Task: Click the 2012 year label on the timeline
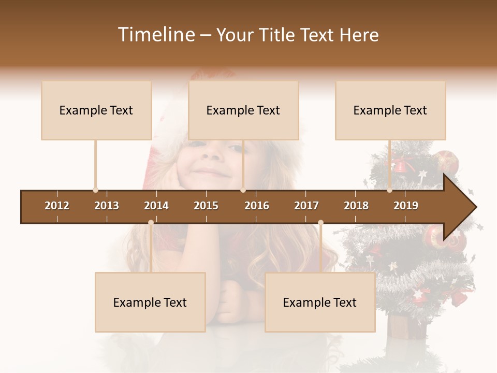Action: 57,206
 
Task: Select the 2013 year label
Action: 107,206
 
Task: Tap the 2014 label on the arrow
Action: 156,206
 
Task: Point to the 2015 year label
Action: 206,206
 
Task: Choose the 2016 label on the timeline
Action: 257,206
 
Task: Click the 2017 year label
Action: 306,206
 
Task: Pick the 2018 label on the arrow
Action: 356,206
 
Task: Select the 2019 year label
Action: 406,206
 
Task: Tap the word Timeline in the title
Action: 155,35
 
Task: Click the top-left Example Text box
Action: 96,110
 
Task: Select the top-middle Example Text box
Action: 243,110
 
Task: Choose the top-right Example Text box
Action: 390,110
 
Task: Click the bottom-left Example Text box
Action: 150,303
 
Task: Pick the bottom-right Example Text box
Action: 320,303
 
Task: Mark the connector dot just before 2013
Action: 95,190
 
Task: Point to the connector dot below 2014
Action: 151,223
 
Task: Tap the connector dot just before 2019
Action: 389,190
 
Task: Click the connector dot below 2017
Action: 320,223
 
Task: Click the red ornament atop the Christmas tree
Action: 446,161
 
